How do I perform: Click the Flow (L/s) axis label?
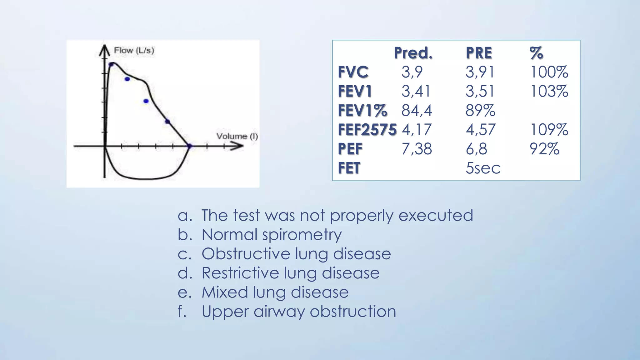point(134,50)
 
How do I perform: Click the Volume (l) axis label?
point(237,136)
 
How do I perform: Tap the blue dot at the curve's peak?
point(112,65)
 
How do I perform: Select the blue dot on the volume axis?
point(189,146)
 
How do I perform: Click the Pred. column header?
point(413,53)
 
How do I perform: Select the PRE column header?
point(479,53)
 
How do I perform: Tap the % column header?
point(536,53)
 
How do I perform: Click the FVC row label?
point(353,72)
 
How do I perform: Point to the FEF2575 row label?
point(367,130)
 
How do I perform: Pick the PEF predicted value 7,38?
point(417,149)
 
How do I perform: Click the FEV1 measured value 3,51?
point(480,91)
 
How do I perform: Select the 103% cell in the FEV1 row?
point(549,91)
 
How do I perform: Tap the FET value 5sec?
point(483,168)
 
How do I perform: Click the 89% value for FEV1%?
point(480,111)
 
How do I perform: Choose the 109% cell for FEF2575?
point(549,130)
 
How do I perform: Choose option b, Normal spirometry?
point(271,235)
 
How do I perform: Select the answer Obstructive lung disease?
point(296,254)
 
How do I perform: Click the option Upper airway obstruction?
point(298,312)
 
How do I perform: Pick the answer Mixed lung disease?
point(275,292)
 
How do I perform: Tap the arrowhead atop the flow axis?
point(104,49)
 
